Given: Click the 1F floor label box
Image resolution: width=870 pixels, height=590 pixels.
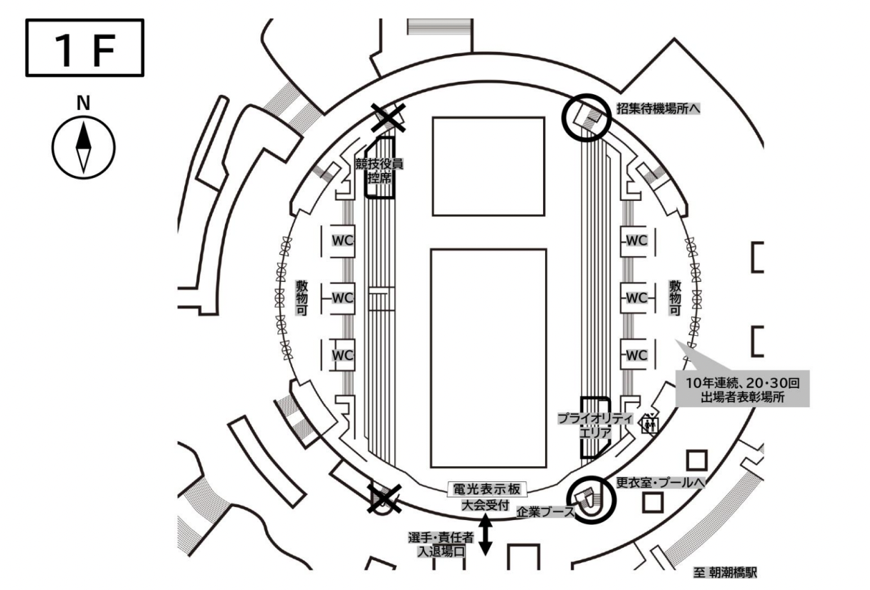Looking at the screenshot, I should coord(85,48).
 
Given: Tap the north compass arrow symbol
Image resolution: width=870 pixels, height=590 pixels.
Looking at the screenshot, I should coord(84,146).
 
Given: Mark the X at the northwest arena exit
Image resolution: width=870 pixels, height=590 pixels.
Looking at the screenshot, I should coord(389,119).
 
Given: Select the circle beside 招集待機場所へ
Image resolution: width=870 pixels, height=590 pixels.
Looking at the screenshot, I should coord(587,116).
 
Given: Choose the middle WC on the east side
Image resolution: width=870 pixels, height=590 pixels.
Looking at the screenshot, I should coord(637,298).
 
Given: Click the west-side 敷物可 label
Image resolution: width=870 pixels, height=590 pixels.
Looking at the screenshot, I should coord(302,298).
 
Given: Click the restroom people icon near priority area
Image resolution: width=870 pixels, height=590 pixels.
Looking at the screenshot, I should coord(650,424).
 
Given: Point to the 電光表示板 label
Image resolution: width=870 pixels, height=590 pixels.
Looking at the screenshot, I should coord(486,490).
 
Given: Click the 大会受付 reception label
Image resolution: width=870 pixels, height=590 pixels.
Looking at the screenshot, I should coord(486,505).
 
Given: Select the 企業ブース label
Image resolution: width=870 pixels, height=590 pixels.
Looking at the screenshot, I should coord(546,512).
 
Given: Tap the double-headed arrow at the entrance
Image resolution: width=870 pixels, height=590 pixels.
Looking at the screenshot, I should coord(486,536).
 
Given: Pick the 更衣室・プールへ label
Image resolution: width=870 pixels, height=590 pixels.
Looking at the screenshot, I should coord(660,483).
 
